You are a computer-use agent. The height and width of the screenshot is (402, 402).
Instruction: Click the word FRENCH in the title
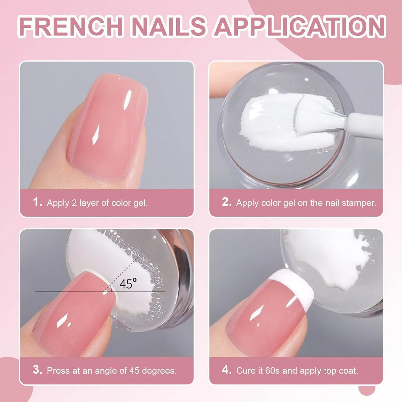click(71, 26)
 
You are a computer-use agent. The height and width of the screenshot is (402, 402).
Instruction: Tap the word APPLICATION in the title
click(299, 26)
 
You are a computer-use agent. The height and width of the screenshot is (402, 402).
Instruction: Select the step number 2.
click(227, 202)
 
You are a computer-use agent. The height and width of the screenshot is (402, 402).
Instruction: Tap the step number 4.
click(227, 370)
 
